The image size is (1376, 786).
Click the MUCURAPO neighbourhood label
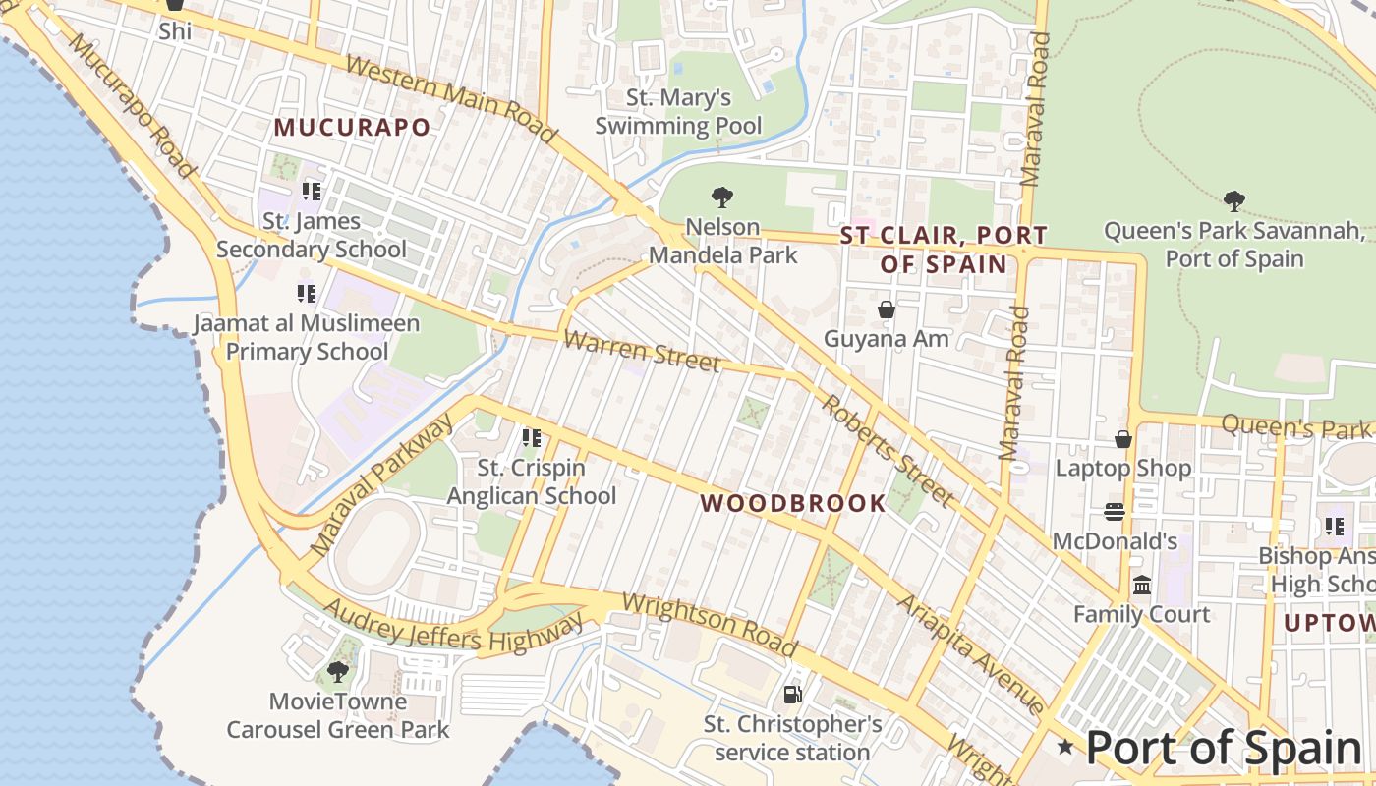tap(352, 128)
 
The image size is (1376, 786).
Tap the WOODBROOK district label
tap(793, 504)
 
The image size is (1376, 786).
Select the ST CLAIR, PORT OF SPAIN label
tap(944, 250)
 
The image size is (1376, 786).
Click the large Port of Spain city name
tap(1224, 748)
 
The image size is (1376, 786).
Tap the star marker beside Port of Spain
tap(1065, 748)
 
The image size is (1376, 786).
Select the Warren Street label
tap(642, 351)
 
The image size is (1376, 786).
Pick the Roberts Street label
tap(887, 451)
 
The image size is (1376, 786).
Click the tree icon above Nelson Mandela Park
tap(722, 196)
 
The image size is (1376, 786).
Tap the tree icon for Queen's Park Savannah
tap(1234, 201)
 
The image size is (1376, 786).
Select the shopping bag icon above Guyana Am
tap(887, 309)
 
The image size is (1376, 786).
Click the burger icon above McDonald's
tap(1114, 512)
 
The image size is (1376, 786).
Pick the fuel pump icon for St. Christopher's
tap(792, 695)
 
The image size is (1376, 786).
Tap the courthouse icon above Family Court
tap(1141, 586)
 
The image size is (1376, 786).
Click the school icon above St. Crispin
tap(532, 438)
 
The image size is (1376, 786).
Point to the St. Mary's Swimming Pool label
tap(678, 112)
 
